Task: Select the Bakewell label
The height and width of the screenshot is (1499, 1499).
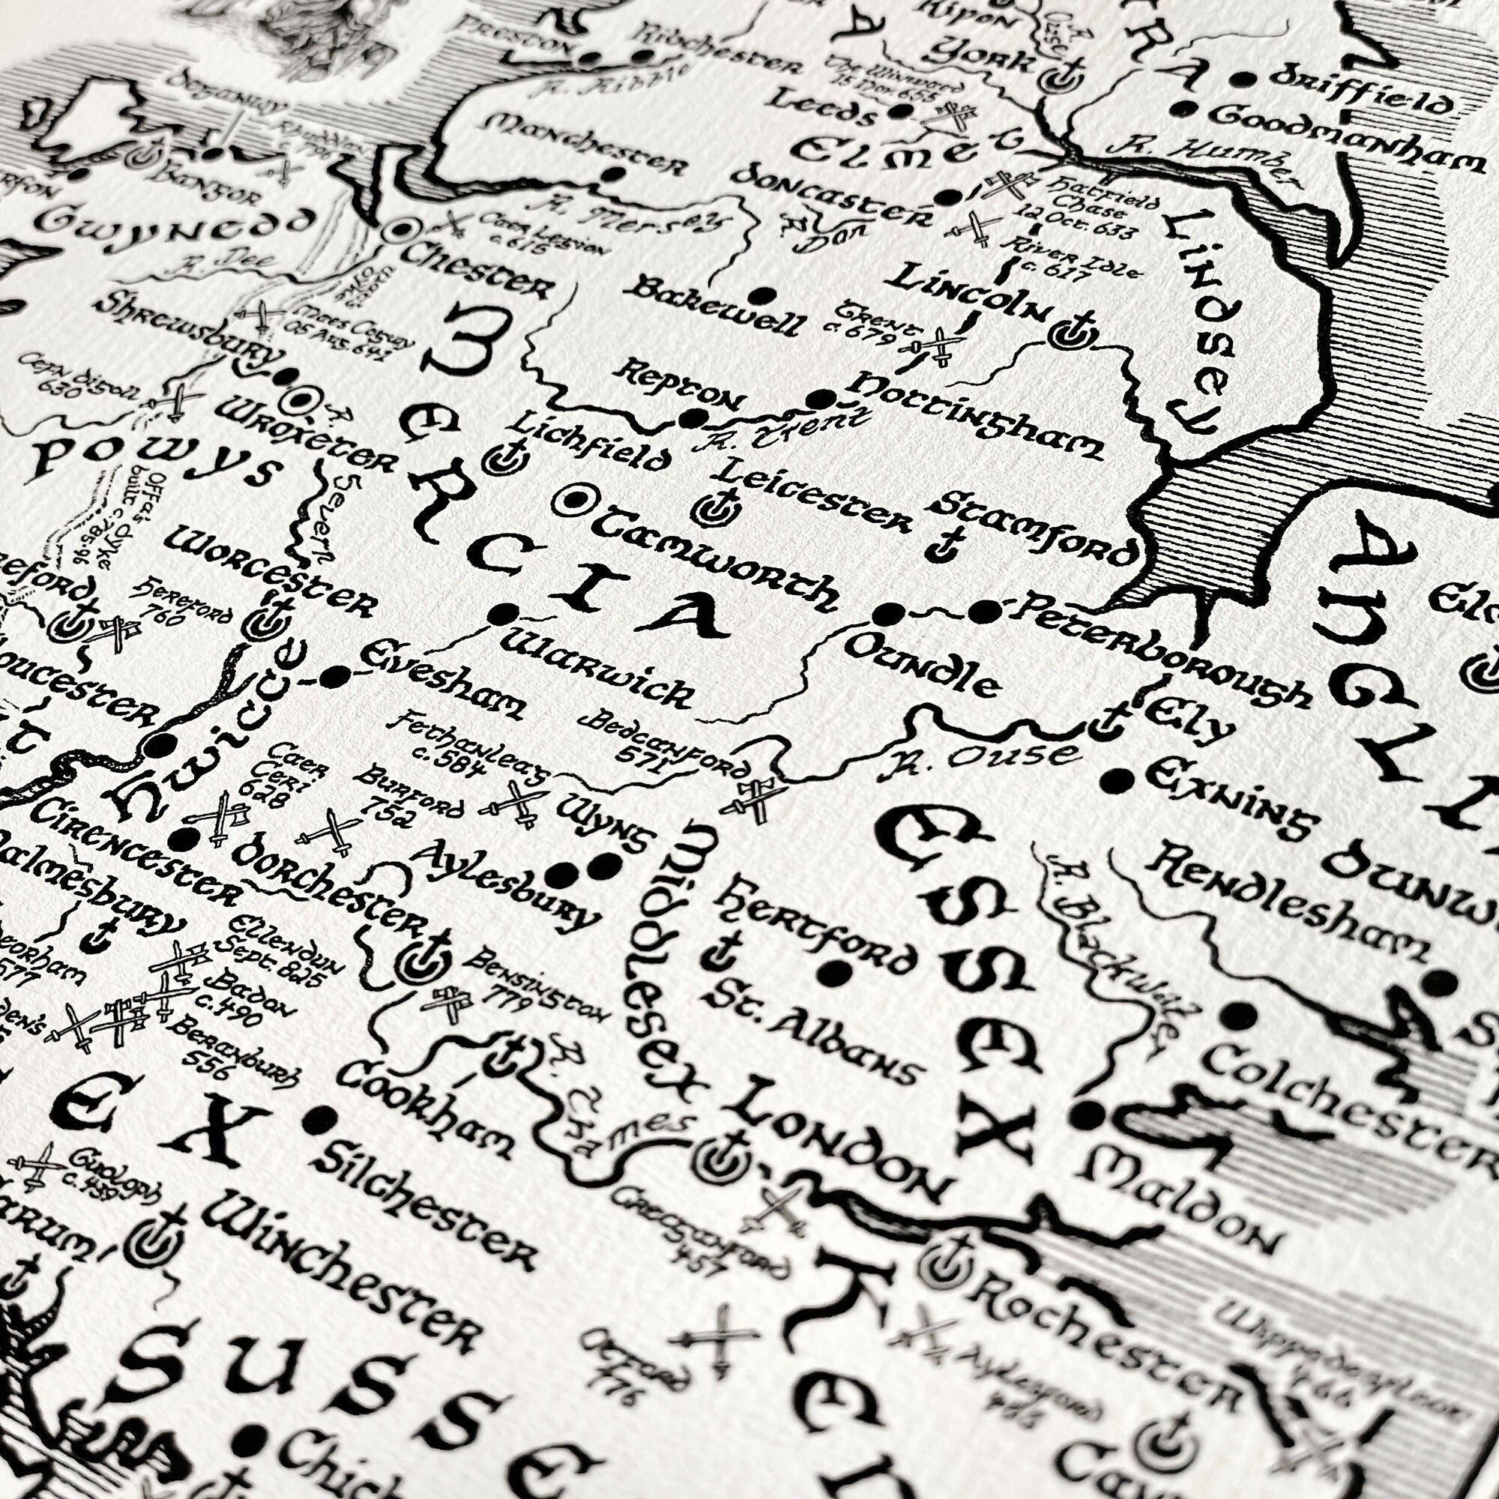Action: pyautogui.click(x=714, y=307)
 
